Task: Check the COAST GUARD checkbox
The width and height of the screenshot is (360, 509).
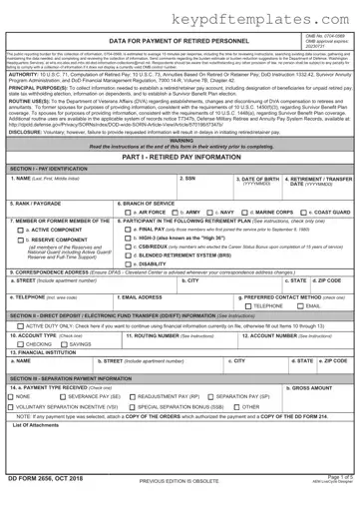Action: click(x=311, y=213)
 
